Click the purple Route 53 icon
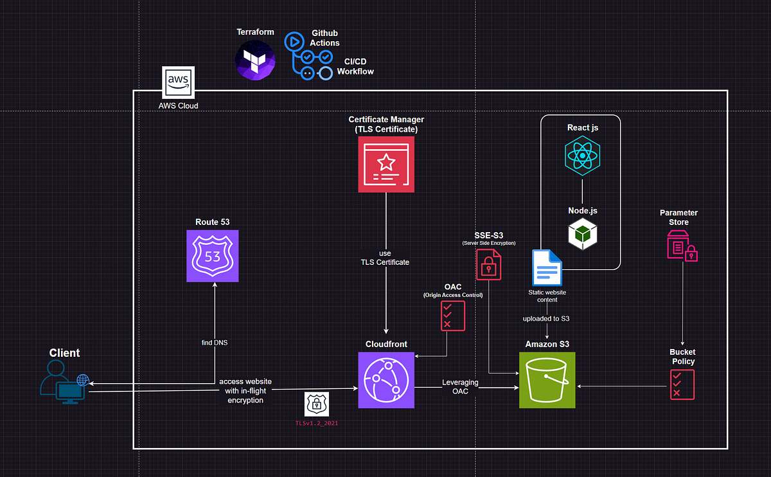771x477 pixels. pos(212,256)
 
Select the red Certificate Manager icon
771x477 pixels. pos(386,164)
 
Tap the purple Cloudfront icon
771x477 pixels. pos(386,380)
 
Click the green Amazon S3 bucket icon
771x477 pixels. pos(547,380)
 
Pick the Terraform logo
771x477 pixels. pos(255,60)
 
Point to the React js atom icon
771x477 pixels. pos(582,156)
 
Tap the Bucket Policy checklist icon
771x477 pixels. pos(682,384)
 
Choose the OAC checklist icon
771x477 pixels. pos(452,316)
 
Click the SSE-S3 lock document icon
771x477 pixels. pos(488,264)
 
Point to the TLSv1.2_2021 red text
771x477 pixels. pos(316,424)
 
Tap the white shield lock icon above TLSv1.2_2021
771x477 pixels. pos(316,404)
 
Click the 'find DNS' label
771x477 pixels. pos(215,343)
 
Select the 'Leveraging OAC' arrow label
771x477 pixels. pos(459,386)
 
